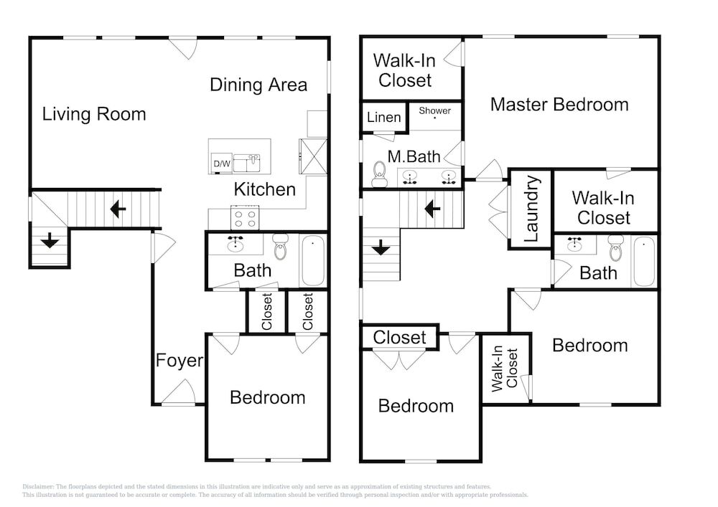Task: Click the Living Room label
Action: [94, 114]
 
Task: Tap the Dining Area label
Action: [258, 85]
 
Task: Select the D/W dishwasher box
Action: [222, 164]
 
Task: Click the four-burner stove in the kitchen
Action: [245, 217]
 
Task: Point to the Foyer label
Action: [179, 360]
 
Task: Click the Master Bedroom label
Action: [559, 104]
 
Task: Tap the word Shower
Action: [434, 110]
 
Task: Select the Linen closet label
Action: [383, 117]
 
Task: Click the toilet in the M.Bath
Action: [379, 175]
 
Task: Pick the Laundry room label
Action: [531, 209]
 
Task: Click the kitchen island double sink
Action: [247, 164]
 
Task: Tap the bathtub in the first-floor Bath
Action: [313, 260]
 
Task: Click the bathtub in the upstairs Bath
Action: [644, 261]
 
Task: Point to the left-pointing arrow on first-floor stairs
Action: [118, 209]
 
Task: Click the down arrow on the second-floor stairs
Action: [381, 248]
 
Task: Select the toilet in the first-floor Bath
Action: [280, 247]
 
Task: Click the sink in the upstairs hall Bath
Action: [574, 245]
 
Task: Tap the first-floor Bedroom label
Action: [267, 397]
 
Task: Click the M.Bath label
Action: [414, 156]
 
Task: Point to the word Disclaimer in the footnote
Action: [38, 487]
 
